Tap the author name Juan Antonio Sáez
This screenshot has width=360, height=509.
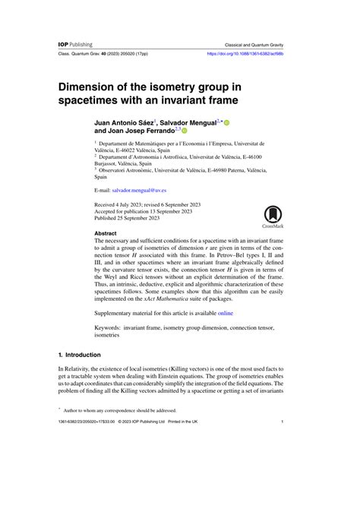(124, 122)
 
